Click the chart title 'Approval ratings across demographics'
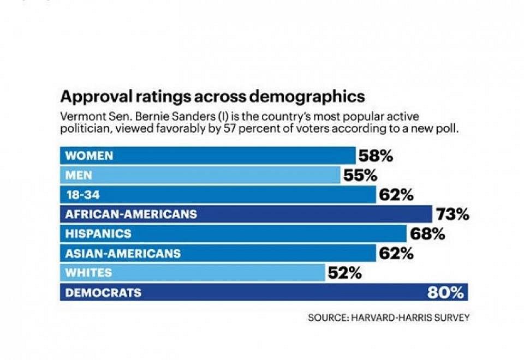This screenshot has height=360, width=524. pyautogui.click(x=212, y=97)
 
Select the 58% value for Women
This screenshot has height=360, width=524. pyautogui.click(x=376, y=157)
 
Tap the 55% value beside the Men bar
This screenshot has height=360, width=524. pyautogui.click(x=360, y=176)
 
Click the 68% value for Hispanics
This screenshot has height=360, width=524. pyautogui.click(x=428, y=235)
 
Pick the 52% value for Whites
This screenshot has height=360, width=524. pyautogui.click(x=344, y=273)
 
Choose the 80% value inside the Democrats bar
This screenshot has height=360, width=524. pyautogui.click(x=446, y=293)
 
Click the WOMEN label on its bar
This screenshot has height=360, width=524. pyautogui.click(x=90, y=156)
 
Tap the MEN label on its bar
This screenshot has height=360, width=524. pyautogui.click(x=79, y=176)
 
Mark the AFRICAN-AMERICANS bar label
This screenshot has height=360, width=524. pyautogui.click(x=131, y=214)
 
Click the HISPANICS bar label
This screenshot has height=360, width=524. pyautogui.click(x=98, y=234)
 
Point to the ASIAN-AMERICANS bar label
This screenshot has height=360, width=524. pyautogui.click(x=123, y=254)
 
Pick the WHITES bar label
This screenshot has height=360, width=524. pyautogui.click(x=88, y=273)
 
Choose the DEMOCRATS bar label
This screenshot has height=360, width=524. pyautogui.click(x=103, y=293)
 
